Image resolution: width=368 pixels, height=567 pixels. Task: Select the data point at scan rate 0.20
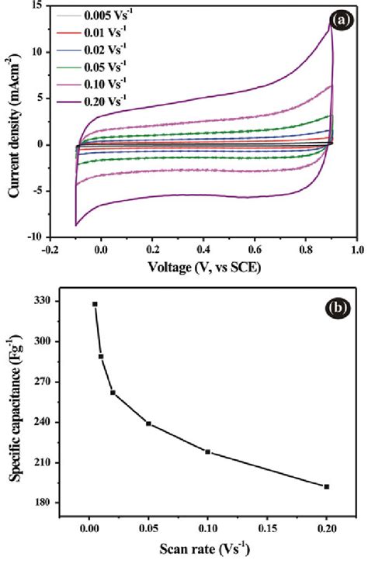326,486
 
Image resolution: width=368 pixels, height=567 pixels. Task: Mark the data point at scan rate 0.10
208,451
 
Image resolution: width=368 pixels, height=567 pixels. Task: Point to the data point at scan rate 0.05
148,424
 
